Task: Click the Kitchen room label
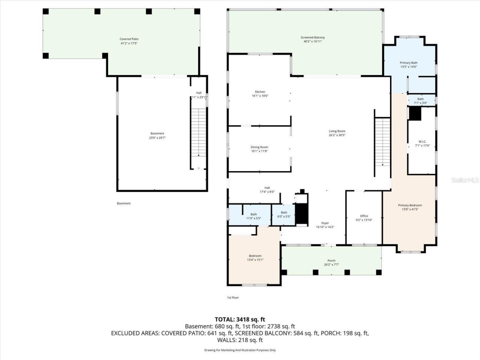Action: [x=260, y=92]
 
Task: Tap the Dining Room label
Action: [x=259, y=147]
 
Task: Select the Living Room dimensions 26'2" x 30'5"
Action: [x=337, y=135]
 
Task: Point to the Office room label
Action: [x=364, y=216]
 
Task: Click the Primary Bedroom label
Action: [x=410, y=205]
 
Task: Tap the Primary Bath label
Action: [x=408, y=63]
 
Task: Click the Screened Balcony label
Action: [x=313, y=37]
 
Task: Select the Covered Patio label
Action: [x=129, y=39]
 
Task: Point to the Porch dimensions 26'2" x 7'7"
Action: [x=331, y=265]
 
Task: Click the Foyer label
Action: [x=325, y=223]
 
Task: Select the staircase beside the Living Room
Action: [x=382, y=142]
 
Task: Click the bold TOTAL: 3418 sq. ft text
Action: [x=240, y=319]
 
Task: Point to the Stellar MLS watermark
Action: [x=465, y=180]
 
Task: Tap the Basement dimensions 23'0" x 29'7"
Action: [x=157, y=138]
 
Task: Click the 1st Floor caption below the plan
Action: [x=232, y=297]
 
